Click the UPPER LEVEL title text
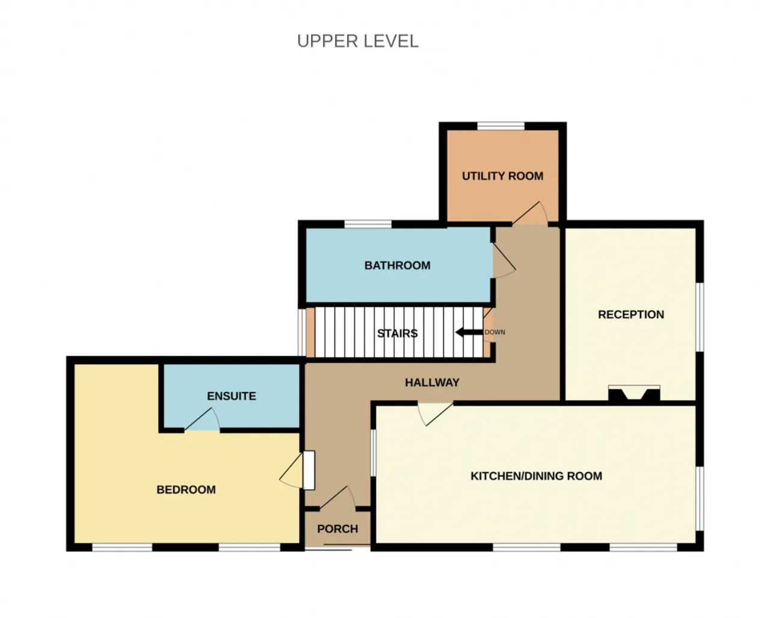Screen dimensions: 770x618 pos(358,41)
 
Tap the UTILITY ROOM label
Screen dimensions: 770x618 pos(502,176)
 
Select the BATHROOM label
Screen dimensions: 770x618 pos(397,265)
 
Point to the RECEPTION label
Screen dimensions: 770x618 pos(631,314)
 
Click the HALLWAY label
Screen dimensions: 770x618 pos(432,383)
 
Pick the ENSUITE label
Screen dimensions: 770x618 pos(232,396)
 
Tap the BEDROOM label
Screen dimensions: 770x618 pos(186,489)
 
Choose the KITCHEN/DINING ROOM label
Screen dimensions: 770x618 pos(536,476)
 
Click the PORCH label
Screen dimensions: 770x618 pos(337,529)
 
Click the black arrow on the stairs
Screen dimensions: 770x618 pos(469,332)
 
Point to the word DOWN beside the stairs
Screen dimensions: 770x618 pos(495,332)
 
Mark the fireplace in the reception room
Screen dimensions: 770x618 pos(634,393)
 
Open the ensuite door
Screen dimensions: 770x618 pos(203,419)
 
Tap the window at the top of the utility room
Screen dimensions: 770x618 pos(501,126)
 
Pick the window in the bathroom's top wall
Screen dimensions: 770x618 pos(368,224)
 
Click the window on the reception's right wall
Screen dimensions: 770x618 pos(700,317)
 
